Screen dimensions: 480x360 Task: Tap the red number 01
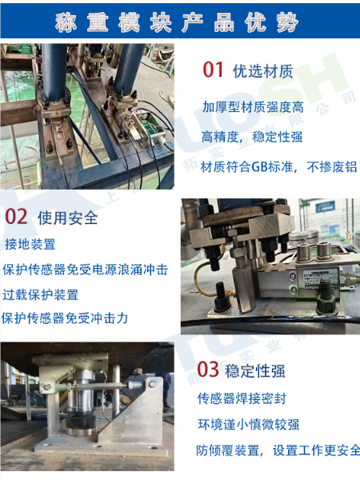click(213, 70)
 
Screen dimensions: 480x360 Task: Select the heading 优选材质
click(258, 71)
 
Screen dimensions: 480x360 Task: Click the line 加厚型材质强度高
click(252, 106)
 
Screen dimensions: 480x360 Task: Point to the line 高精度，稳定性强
click(252, 137)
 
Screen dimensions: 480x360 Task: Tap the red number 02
click(17, 216)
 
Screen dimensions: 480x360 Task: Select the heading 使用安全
click(67, 217)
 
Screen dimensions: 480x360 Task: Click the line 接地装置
click(30, 244)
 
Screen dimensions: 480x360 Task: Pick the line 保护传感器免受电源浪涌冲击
click(85, 270)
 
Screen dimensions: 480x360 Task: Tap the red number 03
click(207, 369)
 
